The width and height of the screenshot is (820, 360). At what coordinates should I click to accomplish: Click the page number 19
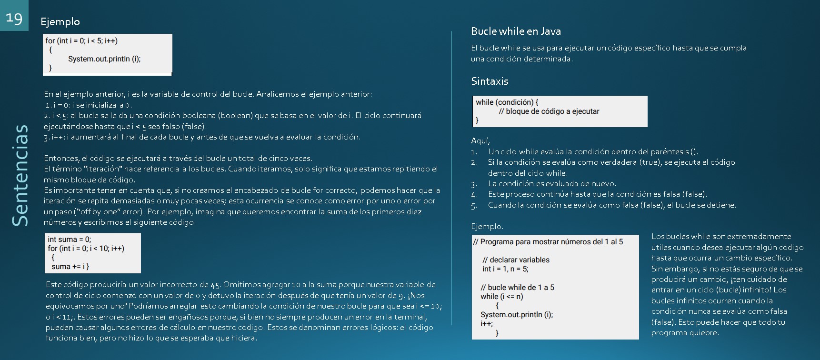click(x=14, y=18)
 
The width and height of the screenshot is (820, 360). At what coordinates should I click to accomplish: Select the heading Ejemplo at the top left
click(x=60, y=21)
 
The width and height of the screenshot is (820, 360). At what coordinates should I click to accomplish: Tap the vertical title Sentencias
click(x=20, y=175)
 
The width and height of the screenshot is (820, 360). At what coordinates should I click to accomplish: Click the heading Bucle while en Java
click(x=516, y=31)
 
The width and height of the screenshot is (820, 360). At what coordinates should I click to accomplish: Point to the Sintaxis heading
click(x=490, y=81)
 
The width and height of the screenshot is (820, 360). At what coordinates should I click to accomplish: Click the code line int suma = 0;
click(x=70, y=239)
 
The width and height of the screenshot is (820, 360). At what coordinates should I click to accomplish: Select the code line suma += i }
click(x=70, y=266)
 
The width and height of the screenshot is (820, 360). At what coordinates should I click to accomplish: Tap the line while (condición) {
click(x=507, y=102)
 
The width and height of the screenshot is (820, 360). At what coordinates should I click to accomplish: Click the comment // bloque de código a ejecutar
click(x=549, y=111)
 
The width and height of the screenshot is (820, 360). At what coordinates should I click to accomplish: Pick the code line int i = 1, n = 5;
click(x=505, y=269)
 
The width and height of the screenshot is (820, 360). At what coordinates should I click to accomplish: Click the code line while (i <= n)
click(x=501, y=296)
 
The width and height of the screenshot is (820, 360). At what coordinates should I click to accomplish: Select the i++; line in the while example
click(x=487, y=323)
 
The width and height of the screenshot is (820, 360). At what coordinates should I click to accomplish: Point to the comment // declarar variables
click(x=516, y=260)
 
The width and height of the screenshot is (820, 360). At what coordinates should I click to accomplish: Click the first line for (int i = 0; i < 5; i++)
click(x=81, y=40)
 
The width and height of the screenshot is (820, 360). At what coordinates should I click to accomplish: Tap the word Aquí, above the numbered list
click(x=480, y=141)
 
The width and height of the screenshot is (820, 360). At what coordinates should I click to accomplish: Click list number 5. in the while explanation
click(x=474, y=206)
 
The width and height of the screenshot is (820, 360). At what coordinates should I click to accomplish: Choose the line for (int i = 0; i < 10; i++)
click(x=86, y=248)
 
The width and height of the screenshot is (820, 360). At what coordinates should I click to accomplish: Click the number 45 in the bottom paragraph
click(x=215, y=285)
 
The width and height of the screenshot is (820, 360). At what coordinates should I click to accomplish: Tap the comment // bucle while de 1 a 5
click(x=517, y=287)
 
